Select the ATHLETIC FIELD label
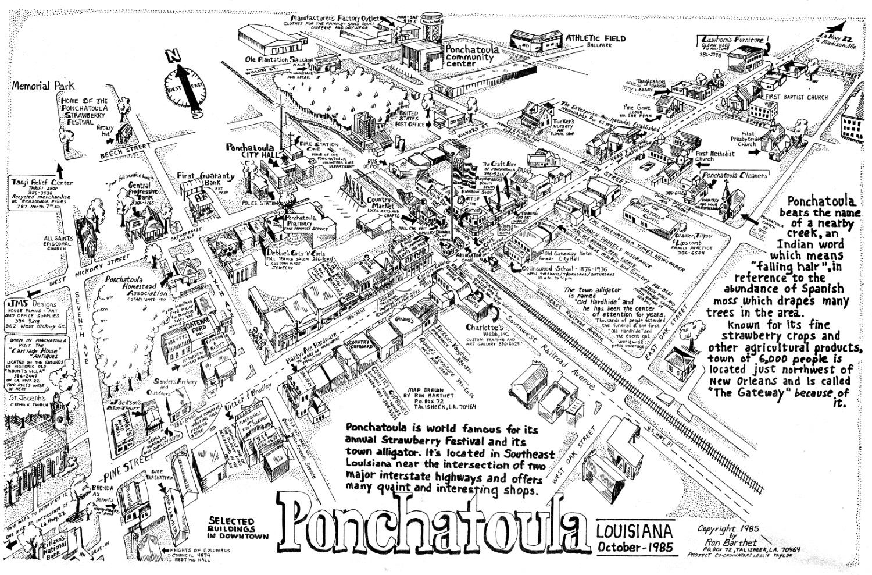point(596,39)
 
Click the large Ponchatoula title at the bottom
point(431,522)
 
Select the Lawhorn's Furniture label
point(734,40)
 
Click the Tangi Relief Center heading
point(42,183)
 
